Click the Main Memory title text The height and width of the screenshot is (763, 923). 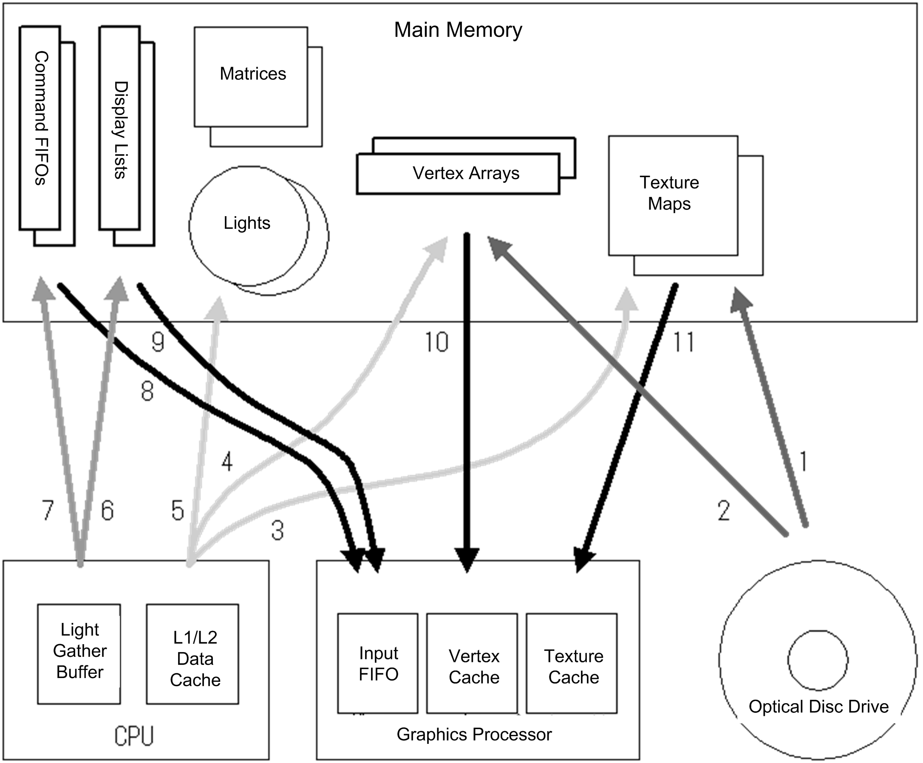458,30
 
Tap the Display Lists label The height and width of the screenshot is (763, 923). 120,130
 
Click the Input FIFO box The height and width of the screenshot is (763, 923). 377,663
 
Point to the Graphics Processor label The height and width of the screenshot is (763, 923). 473,734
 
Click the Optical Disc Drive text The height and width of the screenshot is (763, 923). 818,707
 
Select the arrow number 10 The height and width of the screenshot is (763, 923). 436,342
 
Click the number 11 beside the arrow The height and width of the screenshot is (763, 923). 683,342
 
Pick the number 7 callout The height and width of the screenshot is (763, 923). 48,510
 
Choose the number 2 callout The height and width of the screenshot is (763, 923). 723,511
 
